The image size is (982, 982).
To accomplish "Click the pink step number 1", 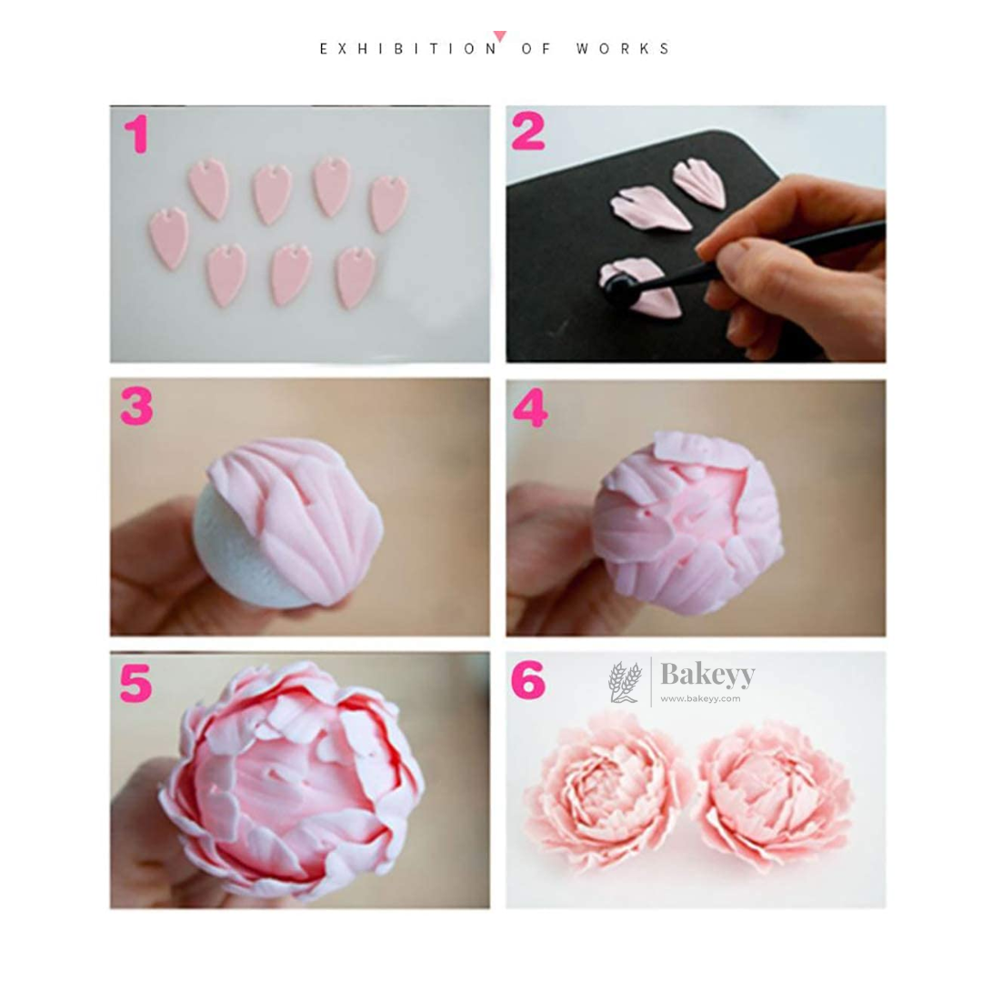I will pos(136,134).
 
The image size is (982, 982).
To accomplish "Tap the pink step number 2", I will pos(528,134).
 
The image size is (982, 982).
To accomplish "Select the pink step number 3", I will pos(137,406).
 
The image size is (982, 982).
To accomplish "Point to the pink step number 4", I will pos(530,408).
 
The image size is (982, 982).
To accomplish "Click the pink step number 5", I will pos(135,682).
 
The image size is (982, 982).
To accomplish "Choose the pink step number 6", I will pos(528,681).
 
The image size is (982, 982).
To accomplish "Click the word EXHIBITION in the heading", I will pos(408,49).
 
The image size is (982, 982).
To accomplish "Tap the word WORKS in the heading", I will pos(624,49).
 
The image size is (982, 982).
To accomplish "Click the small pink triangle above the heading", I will pos(500,36).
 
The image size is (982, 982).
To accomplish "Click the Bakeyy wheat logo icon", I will pos(625,682).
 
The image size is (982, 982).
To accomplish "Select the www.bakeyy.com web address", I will pos(699,698).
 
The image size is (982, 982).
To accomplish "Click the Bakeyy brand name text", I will pos(706,675).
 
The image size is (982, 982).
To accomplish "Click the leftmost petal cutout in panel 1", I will pos(168,237).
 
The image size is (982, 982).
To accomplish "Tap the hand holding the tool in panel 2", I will pos(800,264).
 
